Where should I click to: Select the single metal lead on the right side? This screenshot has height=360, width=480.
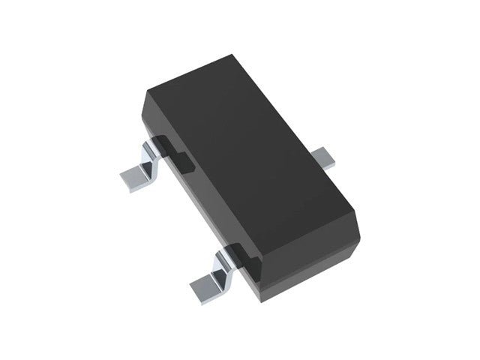pos(324,157)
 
